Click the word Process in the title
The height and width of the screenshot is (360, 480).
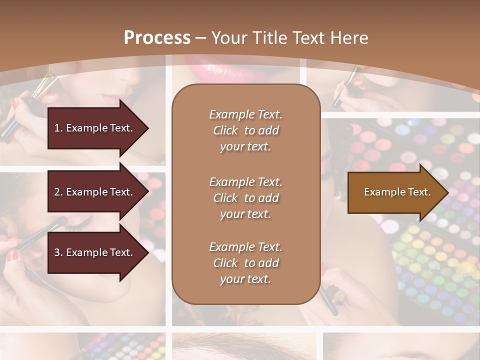pos(157,38)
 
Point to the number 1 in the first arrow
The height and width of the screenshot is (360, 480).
pos(57,128)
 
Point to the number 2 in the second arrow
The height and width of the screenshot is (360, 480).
pos(57,192)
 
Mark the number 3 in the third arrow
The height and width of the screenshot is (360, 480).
pos(57,252)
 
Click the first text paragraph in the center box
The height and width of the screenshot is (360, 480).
pos(245,130)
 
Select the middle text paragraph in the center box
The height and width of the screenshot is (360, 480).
pos(245,198)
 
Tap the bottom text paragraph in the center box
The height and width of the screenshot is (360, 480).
pos(245,263)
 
